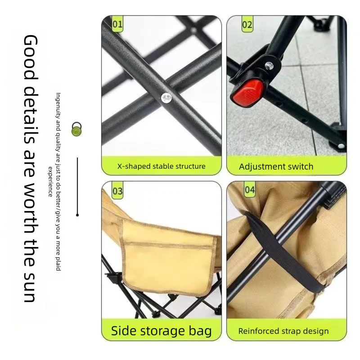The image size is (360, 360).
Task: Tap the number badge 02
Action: point(247,24)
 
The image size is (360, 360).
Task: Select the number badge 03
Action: point(117,191)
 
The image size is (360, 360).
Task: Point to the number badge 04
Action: point(250,190)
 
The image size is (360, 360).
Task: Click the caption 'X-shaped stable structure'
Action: point(161,166)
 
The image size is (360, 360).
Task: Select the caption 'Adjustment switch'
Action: point(276,166)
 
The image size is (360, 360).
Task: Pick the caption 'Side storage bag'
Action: point(161,331)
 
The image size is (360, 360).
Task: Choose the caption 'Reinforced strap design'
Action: point(283,331)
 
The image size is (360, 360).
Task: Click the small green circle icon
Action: point(76,131)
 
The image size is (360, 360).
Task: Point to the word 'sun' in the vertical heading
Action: point(30,286)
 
